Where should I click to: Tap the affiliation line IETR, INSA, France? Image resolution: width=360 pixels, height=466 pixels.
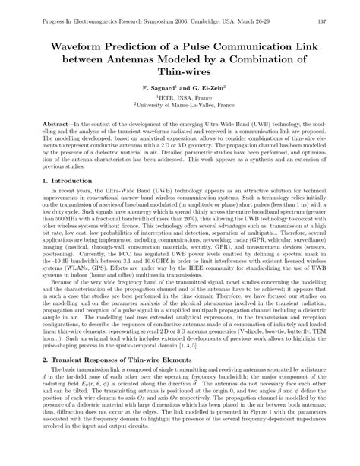click(x=180, y=99)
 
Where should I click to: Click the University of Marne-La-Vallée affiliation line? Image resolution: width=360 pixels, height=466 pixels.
click(x=180, y=107)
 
